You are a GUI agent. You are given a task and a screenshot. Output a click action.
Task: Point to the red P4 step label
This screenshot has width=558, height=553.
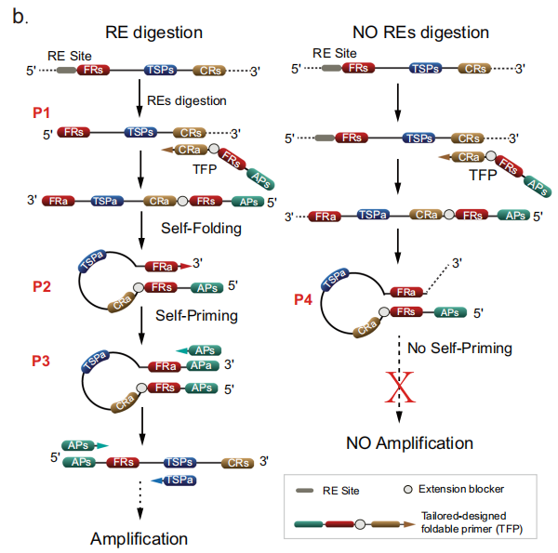305,298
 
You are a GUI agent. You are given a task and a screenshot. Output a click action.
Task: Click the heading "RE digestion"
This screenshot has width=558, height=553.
153,33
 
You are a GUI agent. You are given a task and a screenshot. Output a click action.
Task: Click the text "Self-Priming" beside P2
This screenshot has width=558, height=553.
196,315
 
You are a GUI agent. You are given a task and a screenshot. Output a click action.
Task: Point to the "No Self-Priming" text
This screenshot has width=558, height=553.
458,349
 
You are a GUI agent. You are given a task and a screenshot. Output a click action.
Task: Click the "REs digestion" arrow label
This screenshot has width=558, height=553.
187,100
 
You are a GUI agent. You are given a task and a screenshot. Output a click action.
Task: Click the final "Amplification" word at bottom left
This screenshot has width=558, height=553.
139,538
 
